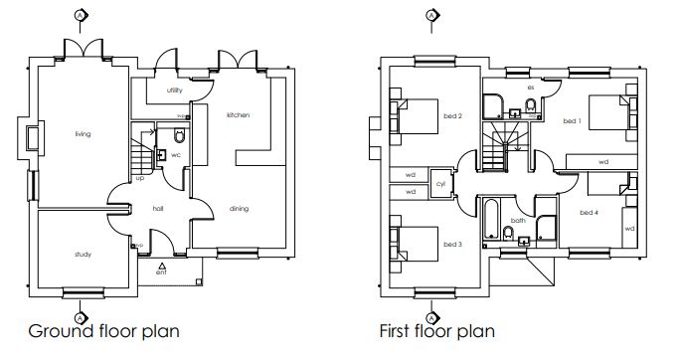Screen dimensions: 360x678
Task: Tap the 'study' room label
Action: coord(83,255)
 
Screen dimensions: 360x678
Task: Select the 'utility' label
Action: coord(175,90)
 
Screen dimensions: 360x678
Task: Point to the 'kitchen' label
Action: coord(238,115)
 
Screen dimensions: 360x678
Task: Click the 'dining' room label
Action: coord(239,209)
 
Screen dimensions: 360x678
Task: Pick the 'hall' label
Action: coord(157,209)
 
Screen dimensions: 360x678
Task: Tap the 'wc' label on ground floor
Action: coord(176,155)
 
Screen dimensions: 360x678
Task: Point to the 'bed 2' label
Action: coord(453,116)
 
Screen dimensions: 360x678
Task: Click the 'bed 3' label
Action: coord(453,244)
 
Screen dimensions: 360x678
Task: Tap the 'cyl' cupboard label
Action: coord(440,183)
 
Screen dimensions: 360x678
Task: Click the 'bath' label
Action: coord(518,221)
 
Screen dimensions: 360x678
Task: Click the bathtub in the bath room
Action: coord(489,221)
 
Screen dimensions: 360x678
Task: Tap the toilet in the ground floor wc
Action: coord(180,137)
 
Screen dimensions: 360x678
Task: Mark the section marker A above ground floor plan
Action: coord(79,16)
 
